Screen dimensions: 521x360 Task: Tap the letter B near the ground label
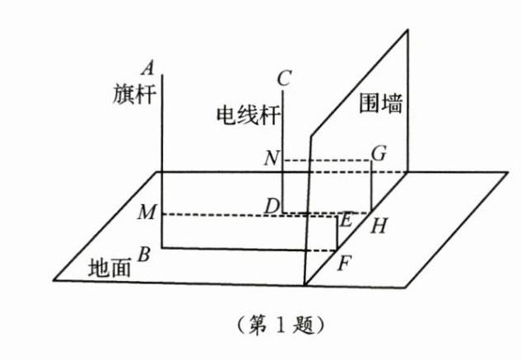pos(144,255)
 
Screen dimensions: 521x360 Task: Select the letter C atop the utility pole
pos(285,79)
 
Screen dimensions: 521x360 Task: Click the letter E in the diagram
pos(346,220)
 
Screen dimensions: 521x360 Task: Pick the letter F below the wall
pos(345,265)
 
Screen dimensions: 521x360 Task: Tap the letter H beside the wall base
pos(379,224)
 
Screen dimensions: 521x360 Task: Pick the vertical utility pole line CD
pos(283,165)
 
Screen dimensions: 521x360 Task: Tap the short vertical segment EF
pos(337,234)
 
